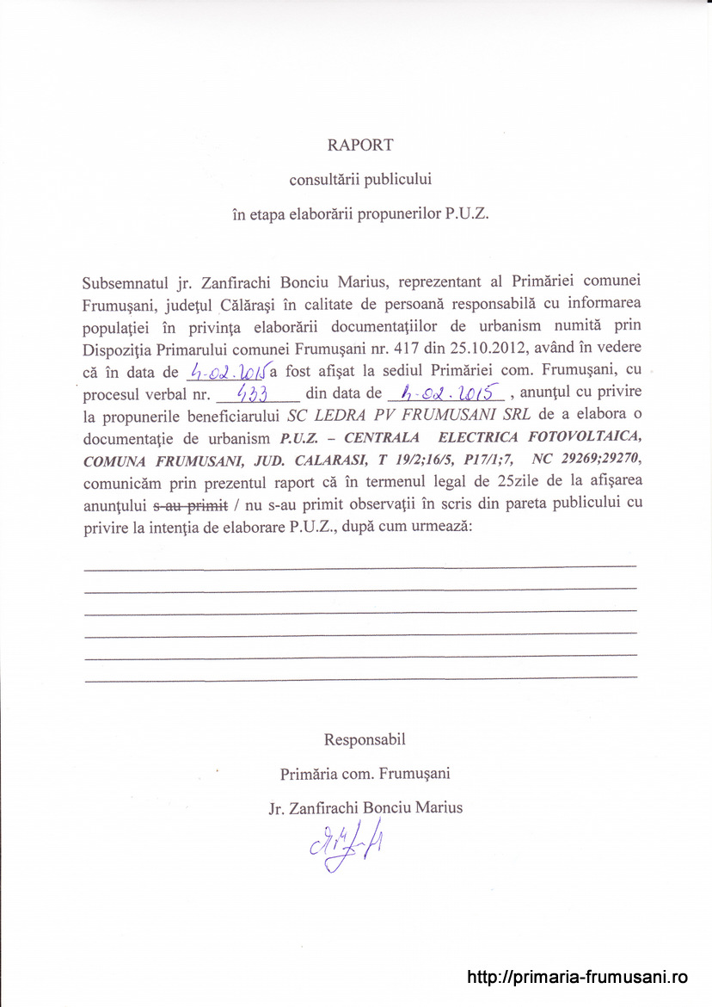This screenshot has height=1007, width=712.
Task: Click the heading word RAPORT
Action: (359, 145)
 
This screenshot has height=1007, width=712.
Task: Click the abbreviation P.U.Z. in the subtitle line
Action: (467, 215)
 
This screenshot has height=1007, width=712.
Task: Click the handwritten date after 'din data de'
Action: (446, 392)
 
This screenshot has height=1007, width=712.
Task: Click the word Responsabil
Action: (365, 739)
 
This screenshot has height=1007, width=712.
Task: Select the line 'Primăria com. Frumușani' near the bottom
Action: (365, 774)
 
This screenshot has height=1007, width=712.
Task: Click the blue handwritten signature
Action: (346, 847)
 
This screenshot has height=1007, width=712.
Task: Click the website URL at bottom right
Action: (578, 977)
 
